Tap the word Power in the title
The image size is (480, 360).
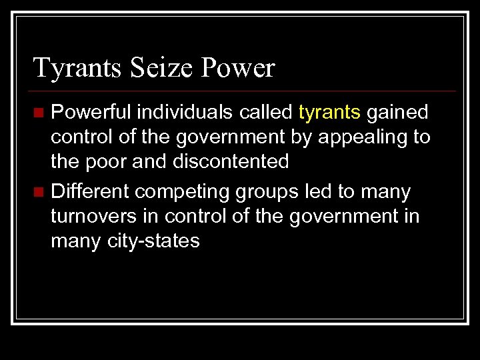pyautogui.click(x=238, y=68)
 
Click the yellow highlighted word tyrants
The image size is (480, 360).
pyautogui.click(x=329, y=113)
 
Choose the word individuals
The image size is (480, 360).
pyautogui.click(x=176, y=113)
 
